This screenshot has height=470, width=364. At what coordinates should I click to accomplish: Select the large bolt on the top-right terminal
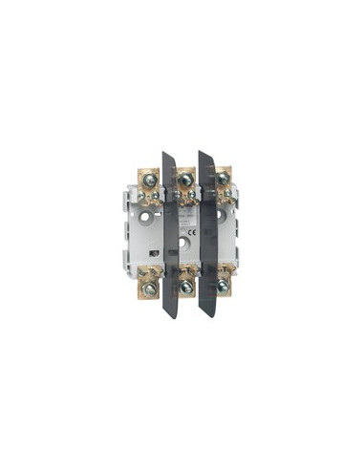(222, 178)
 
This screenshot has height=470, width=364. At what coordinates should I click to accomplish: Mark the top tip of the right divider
(203, 153)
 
